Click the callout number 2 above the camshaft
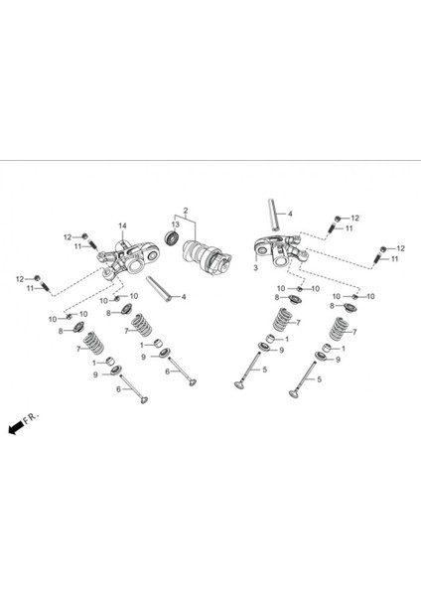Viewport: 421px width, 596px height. point(186,211)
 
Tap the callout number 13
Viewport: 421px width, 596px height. point(175,224)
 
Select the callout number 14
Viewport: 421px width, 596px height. point(122,225)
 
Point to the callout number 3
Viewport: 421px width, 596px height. point(256,267)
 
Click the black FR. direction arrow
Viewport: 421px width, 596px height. point(16,427)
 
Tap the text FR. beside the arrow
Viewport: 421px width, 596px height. point(31,418)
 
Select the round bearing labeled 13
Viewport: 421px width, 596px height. point(172,237)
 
